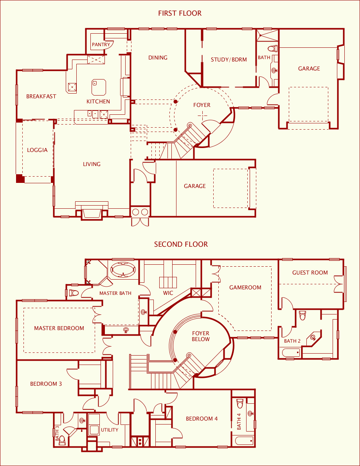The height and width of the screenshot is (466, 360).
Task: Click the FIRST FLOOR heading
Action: [180, 13]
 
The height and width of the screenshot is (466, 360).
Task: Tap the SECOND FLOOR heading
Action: [181, 244]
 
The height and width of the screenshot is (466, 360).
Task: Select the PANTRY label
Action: [101, 45]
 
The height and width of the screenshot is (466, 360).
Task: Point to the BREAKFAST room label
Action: [41, 96]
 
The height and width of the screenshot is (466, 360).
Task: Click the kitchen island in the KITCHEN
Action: [99, 87]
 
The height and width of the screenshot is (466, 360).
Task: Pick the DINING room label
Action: [158, 58]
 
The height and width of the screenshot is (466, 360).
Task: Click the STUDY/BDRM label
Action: [229, 60]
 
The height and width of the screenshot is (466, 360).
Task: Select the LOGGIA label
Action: [37, 150]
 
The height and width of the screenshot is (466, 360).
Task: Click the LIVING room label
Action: [92, 164]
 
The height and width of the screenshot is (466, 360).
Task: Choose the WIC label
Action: [168, 293]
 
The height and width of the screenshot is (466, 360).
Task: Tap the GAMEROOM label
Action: [245, 287]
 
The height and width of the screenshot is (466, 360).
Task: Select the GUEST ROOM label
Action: [310, 273]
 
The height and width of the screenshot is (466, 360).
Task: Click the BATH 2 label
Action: [292, 341]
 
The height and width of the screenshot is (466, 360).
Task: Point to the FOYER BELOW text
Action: [201, 336]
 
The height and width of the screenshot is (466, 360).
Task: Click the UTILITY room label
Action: [110, 430]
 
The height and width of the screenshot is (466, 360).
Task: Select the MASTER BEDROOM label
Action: [59, 328]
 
